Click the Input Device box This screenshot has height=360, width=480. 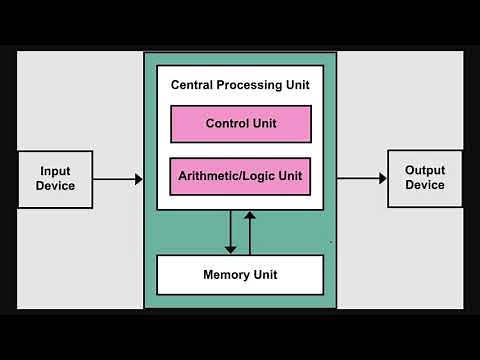click(x=55, y=179)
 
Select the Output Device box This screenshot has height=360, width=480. click(x=425, y=178)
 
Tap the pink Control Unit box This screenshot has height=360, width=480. click(x=240, y=124)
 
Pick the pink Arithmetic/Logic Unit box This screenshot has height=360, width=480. click(x=240, y=176)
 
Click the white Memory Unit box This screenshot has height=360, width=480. click(x=240, y=274)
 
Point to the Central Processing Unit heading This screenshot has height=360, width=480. click(x=240, y=86)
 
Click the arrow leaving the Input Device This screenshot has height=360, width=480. click(x=117, y=180)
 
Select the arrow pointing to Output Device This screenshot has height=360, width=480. click(x=361, y=178)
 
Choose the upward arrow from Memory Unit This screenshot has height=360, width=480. click(x=250, y=232)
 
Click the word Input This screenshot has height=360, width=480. click(x=55, y=172)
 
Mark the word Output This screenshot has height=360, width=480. click(x=425, y=171)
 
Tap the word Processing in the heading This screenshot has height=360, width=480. click(x=250, y=86)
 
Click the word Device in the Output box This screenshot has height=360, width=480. click(x=425, y=185)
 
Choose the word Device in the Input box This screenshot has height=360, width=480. click(x=55, y=186)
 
